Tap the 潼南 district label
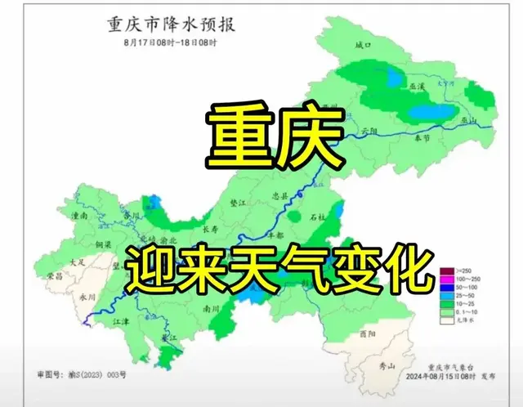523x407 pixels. (x=78, y=217)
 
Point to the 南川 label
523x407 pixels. (x=212, y=309)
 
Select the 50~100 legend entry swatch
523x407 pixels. (x=446, y=288)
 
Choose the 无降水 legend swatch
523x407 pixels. (x=446, y=320)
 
